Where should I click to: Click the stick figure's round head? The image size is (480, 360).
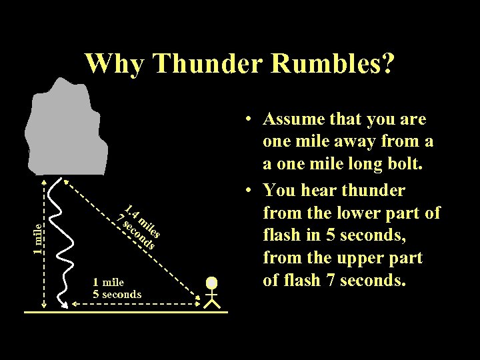(x=212, y=283)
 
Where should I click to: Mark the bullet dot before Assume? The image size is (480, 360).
(x=247, y=120)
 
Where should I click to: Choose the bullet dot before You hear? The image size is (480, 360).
(x=247, y=191)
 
